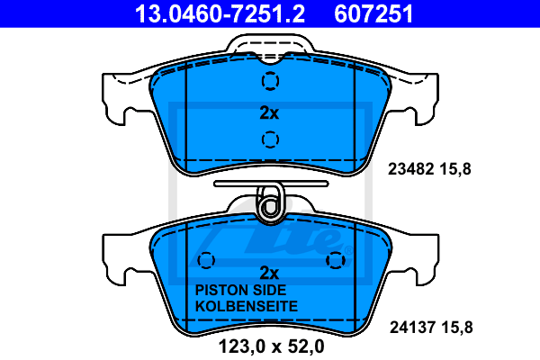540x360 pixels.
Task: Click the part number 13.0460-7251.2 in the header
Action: (220, 13)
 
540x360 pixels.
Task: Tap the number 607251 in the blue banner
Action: (373, 13)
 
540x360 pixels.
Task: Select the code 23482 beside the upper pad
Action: (410, 169)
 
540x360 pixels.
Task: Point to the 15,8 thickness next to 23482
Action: (454, 169)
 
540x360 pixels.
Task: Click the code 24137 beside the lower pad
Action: (412, 327)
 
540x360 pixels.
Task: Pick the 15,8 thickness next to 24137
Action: (456, 328)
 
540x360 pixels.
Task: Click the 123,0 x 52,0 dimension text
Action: (271, 346)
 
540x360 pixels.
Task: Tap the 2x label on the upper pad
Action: (269, 112)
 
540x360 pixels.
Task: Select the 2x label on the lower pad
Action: (269, 273)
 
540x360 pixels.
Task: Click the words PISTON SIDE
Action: (240, 290)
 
